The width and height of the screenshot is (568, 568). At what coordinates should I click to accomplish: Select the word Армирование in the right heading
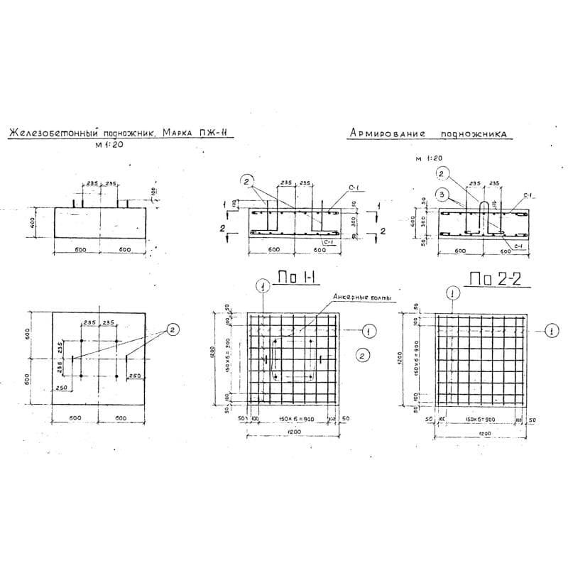(387, 133)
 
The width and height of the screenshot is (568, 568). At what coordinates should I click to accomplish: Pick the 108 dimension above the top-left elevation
(151, 192)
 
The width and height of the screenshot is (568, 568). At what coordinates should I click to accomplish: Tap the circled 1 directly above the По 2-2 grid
(452, 293)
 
